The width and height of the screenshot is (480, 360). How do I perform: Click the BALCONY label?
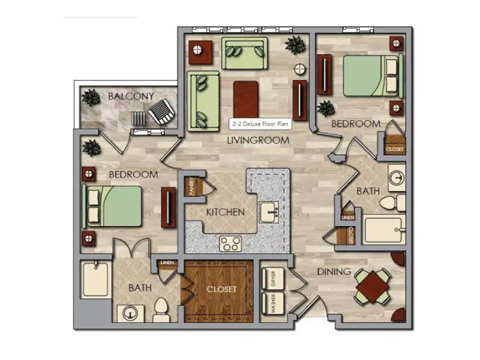tap(131, 97)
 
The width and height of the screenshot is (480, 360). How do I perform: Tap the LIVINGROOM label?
tap(259, 140)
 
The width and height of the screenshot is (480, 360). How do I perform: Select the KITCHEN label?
tap(226, 212)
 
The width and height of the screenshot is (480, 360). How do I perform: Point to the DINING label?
tap(334, 272)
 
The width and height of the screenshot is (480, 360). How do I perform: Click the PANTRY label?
tap(192, 186)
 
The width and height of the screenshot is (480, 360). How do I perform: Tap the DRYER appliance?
tap(273, 278)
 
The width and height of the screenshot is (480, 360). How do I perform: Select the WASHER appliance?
tap(273, 303)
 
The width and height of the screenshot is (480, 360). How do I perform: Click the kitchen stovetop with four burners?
tap(230, 244)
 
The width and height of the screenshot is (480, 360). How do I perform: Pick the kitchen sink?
tap(269, 212)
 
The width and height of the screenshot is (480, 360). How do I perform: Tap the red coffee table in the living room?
tap(245, 100)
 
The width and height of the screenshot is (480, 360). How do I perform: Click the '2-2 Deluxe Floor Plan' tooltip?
tap(260, 124)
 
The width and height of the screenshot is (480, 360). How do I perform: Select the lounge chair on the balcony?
tap(161, 112)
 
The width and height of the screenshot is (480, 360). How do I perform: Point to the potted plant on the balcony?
tap(91, 98)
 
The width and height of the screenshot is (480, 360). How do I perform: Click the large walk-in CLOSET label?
tap(221, 289)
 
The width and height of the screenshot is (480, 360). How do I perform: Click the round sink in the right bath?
tap(397, 178)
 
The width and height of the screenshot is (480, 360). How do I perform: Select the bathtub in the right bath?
tap(384, 229)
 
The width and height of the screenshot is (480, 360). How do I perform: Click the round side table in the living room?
tap(299, 69)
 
